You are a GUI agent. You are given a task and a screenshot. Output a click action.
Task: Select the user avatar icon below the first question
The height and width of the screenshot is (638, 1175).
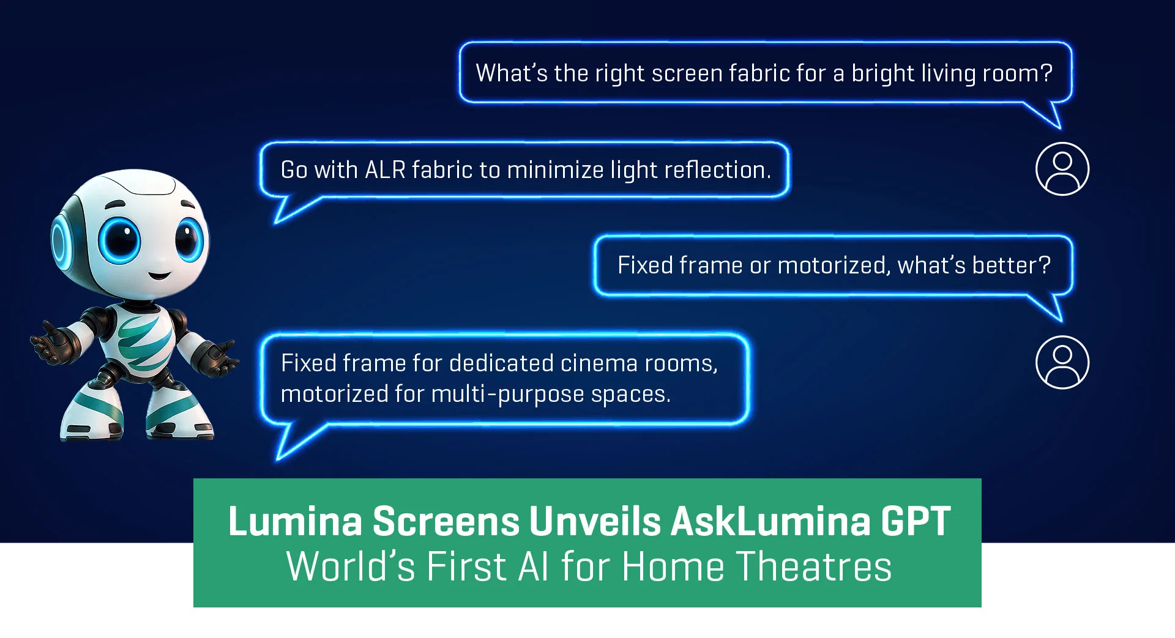(1062, 169)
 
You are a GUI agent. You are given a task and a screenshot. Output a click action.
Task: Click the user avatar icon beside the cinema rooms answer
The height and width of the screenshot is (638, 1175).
(1062, 362)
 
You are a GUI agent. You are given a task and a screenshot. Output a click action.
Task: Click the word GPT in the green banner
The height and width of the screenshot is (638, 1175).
(916, 521)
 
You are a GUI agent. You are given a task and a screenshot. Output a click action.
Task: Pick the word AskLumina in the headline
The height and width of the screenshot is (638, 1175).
(770, 521)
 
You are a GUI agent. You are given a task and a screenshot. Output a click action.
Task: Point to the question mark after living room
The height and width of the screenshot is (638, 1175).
(1046, 73)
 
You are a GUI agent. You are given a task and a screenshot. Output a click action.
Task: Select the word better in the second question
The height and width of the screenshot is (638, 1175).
(1004, 265)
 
